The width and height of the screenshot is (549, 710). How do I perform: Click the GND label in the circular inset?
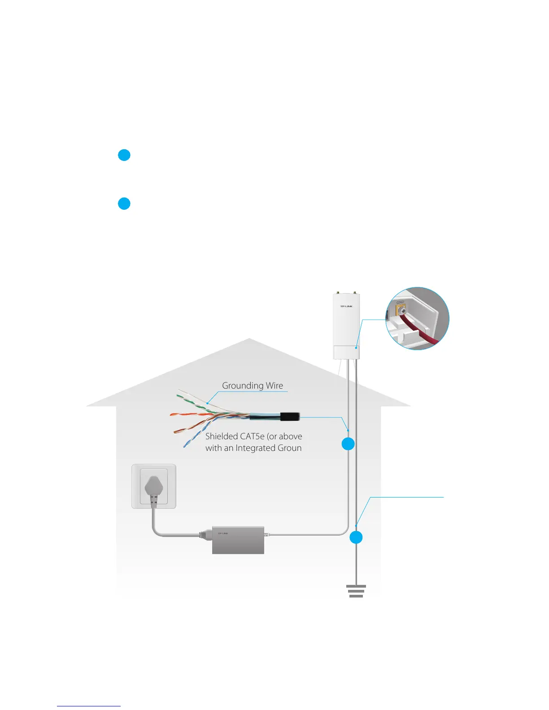tap(400, 303)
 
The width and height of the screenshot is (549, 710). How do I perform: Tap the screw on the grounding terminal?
tap(401, 310)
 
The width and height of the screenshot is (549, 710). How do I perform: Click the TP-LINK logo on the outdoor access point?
tap(346, 307)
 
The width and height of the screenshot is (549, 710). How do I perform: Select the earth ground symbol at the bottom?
tap(356, 591)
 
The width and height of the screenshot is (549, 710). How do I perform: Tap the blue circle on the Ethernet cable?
tap(348, 444)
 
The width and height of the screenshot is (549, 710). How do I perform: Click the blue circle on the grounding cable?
tap(356, 537)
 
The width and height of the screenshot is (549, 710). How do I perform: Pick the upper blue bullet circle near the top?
tap(124, 155)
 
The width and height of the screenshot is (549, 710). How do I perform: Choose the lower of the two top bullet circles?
tap(124, 203)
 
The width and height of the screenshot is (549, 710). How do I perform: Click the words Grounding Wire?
tap(253, 385)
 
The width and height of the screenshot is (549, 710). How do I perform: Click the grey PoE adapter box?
tap(238, 540)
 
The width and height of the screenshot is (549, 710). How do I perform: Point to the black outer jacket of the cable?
tap(290, 417)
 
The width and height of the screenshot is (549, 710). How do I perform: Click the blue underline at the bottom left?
tap(89, 706)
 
